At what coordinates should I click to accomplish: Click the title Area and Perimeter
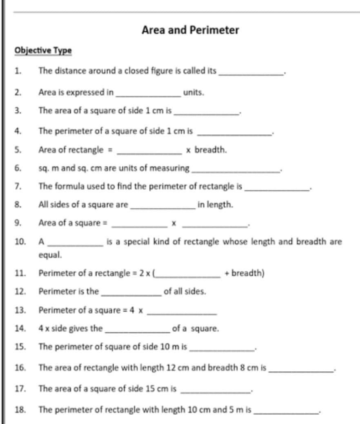(190, 30)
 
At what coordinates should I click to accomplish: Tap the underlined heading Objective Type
(43, 50)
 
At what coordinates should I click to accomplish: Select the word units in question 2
(193, 92)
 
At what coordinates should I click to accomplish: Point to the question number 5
(18, 150)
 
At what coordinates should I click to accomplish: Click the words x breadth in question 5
(206, 150)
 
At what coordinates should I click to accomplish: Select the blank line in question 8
(162, 207)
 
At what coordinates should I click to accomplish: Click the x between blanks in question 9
(173, 223)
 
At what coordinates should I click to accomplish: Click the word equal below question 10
(50, 255)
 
